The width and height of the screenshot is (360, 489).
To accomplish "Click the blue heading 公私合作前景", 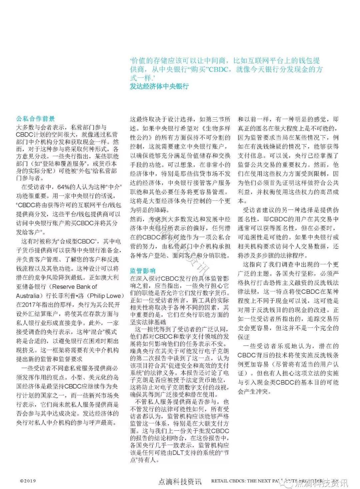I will click(36, 119).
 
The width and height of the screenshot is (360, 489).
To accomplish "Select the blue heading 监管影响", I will click(143, 271).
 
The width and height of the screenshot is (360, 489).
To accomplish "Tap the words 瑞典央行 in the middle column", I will click(140, 351).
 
